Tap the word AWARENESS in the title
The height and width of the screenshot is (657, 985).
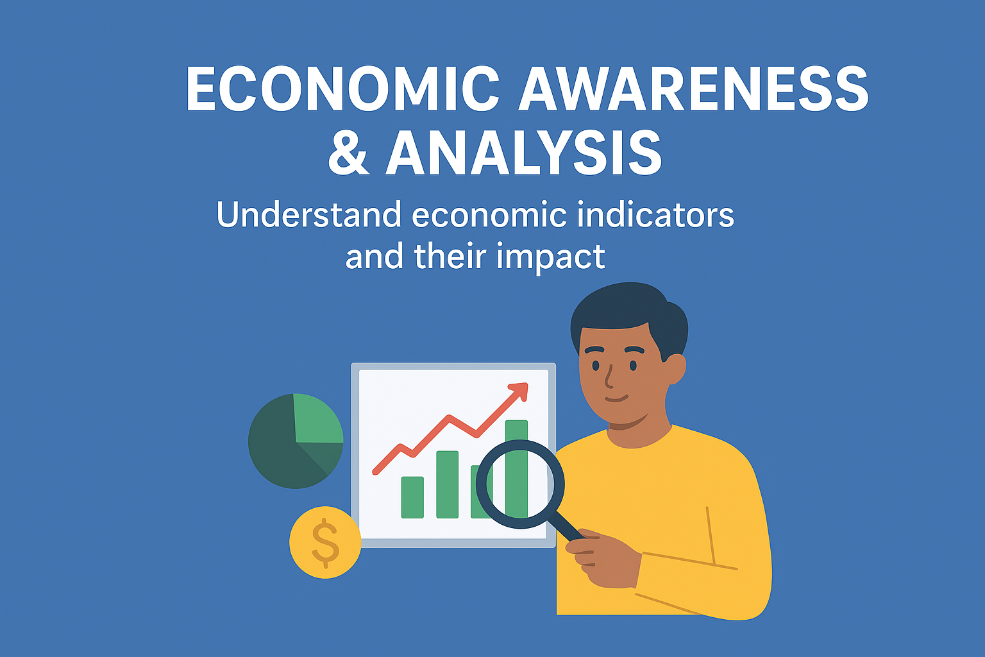click(x=693, y=88)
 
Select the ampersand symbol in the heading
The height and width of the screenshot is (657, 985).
click(x=348, y=152)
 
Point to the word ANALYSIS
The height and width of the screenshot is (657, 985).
click(x=523, y=152)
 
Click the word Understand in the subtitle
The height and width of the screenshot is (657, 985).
click(x=308, y=214)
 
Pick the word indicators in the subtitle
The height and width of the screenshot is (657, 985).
click(x=655, y=214)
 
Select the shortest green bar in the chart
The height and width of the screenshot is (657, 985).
click(x=412, y=497)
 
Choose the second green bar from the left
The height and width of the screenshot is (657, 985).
click(x=447, y=484)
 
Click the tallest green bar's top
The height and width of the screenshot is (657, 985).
click(x=516, y=421)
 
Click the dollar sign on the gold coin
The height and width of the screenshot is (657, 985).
click(x=325, y=543)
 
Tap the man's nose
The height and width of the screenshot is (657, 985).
click(x=609, y=377)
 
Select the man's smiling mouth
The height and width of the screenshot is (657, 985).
click(x=616, y=398)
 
